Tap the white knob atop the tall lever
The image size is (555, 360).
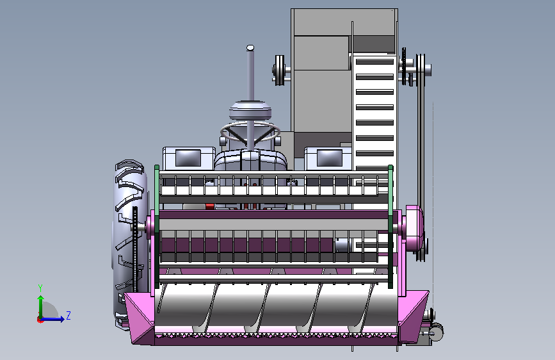click(x=250, y=47)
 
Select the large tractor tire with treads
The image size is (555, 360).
click(x=129, y=244)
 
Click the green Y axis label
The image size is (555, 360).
click(x=40, y=288)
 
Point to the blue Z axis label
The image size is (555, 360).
click(x=68, y=315)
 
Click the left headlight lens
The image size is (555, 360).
click(x=188, y=158)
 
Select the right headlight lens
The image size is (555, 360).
click(x=330, y=158)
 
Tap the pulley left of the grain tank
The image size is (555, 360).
click(x=280, y=70)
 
